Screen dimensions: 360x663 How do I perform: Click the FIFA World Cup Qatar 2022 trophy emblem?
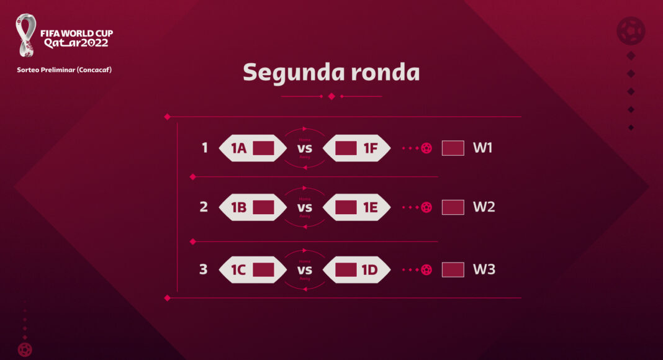pos(26,35)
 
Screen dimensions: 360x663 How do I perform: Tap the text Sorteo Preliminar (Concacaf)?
pos(64,70)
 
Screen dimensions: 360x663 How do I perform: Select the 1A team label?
pos(239,148)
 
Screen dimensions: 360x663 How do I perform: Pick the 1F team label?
pos(371,148)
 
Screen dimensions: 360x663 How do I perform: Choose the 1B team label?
pos(239,207)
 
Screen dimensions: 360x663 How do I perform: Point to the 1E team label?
pos(371,207)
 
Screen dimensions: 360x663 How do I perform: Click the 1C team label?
pos(239,270)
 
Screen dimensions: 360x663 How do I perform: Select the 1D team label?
pos(371,270)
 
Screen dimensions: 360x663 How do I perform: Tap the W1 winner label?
pos(483,148)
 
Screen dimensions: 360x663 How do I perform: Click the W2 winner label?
pos(484,207)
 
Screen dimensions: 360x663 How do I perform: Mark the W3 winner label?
pos(484,270)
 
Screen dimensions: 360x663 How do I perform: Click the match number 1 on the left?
pos(204,148)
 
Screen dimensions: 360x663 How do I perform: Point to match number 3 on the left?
pos(204,270)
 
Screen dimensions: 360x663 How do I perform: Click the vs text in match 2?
pos(305,207)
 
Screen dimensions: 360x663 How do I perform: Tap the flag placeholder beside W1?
pos(453,148)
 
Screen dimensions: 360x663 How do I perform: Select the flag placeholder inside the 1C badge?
pos(263,270)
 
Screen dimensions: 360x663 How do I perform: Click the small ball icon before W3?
pos(426,270)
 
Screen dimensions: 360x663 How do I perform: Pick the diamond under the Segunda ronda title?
pos(331,96)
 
